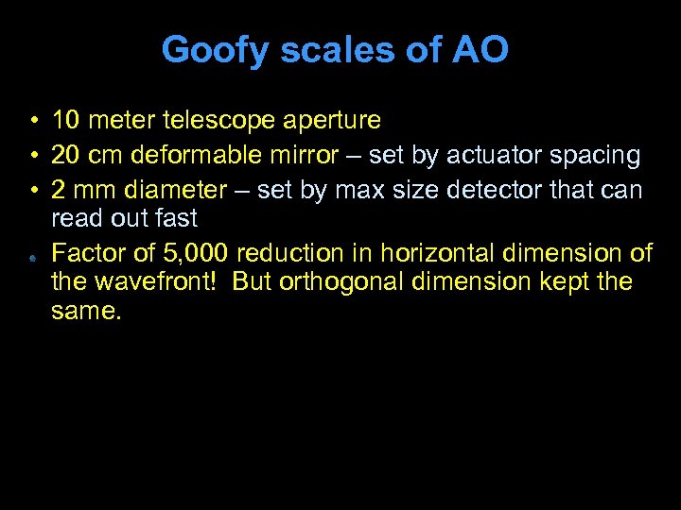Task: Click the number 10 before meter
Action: pyautogui.click(x=65, y=121)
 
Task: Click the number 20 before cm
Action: pyautogui.click(x=65, y=155)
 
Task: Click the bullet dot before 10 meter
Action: pyautogui.click(x=32, y=122)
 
